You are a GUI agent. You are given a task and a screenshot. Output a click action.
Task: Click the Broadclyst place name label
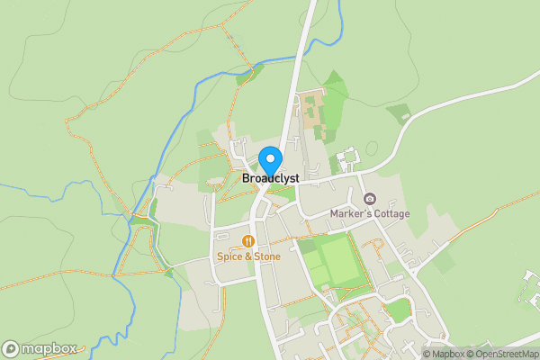(x=271, y=178)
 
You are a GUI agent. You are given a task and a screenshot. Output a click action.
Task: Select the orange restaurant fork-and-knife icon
(x=247, y=240)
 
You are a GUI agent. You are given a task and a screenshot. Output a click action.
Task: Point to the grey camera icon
(x=369, y=199)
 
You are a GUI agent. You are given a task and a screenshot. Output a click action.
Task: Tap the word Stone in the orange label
(x=266, y=256)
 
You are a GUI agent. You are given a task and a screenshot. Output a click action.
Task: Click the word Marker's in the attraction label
(x=356, y=214)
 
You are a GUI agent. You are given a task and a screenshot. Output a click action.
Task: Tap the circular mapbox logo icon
(x=11, y=348)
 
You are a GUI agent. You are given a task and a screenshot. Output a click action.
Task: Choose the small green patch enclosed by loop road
(x=396, y=310)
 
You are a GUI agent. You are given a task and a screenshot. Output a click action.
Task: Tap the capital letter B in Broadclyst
(x=247, y=178)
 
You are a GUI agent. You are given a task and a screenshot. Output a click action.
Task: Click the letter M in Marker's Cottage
(x=334, y=214)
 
